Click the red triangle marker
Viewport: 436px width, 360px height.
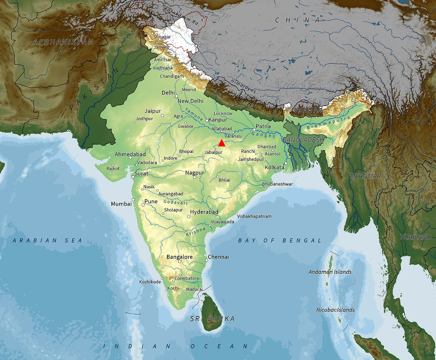(222, 143)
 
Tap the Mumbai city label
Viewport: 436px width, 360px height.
(121, 204)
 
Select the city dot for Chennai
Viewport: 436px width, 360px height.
(206, 260)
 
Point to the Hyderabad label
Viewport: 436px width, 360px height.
(204, 212)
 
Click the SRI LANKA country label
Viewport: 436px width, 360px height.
(212, 319)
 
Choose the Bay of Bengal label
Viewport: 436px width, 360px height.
(279, 240)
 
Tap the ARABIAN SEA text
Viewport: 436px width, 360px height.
(47, 240)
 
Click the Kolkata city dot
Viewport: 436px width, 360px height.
(286, 163)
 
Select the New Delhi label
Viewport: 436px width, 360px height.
(190, 101)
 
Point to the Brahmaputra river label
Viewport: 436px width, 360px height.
(328, 123)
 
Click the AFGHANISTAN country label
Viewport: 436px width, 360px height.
(63, 42)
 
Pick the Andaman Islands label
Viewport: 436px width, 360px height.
(330, 272)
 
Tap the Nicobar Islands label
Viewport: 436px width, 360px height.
(336, 310)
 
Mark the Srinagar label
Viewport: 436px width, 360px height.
(162, 37)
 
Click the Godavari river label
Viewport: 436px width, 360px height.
(175, 202)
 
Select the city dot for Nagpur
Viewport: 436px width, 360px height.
(195, 177)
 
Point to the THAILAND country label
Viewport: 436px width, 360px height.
(416, 237)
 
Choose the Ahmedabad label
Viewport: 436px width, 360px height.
(130, 154)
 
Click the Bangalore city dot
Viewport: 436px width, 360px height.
(180, 261)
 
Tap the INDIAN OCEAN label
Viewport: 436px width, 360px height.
(176, 346)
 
